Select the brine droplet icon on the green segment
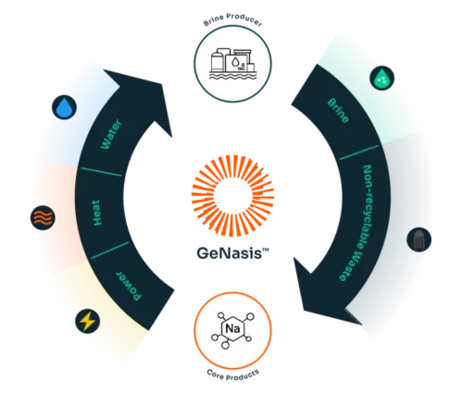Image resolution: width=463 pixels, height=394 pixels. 381,77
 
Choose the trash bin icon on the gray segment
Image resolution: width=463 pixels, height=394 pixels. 420,240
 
